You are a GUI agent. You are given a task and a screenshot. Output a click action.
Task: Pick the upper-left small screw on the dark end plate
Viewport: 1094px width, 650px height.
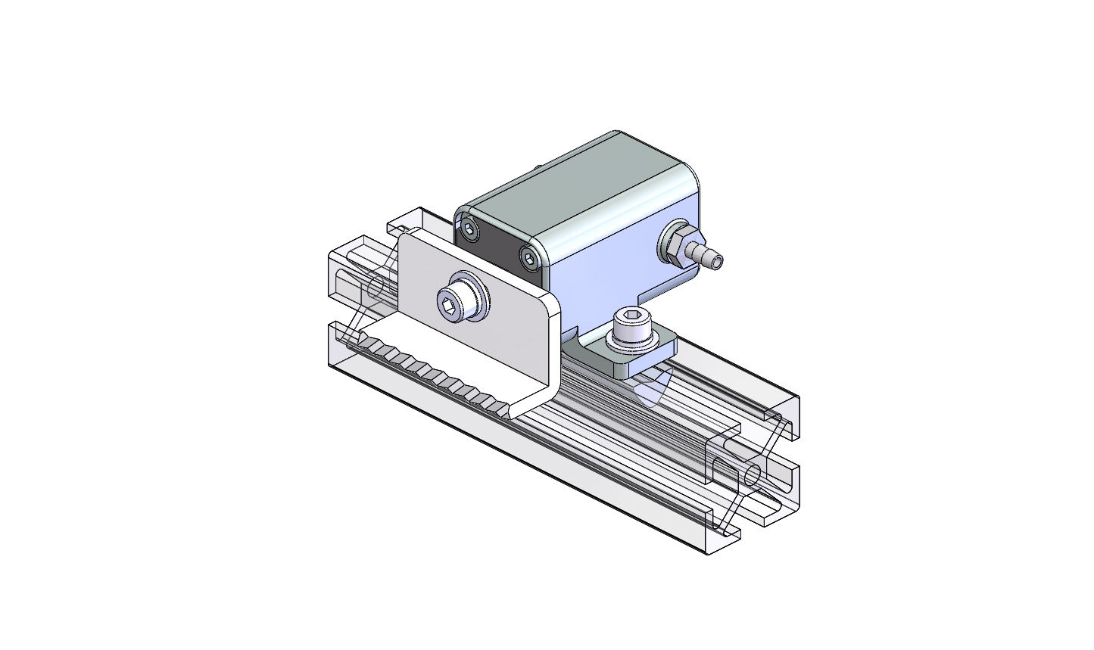pos(471,229)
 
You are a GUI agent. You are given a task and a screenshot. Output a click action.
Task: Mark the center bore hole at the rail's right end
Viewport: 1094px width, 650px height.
pos(753,475)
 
